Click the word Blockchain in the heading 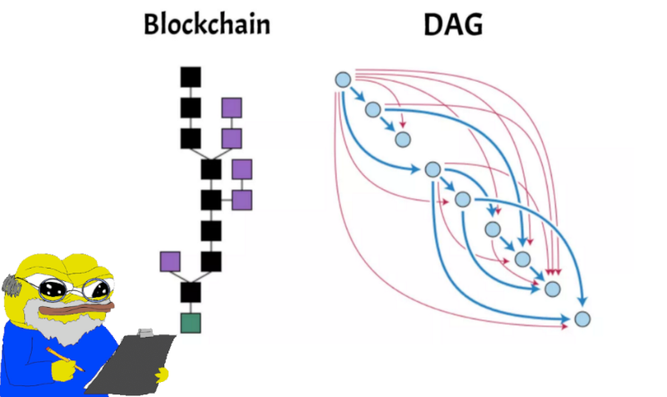pyautogui.click(x=207, y=24)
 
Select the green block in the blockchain pyautogui.click(x=191, y=322)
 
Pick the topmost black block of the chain pyautogui.click(x=191, y=77)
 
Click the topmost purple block pyautogui.click(x=232, y=108)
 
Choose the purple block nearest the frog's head pyautogui.click(x=170, y=261)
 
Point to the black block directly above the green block pyautogui.click(x=191, y=292)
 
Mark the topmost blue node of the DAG pyautogui.click(x=342, y=79)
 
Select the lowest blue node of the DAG pyautogui.click(x=582, y=319)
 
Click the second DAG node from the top pyautogui.click(x=373, y=109)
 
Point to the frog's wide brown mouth pyautogui.click(x=79, y=310)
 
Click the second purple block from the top pyautogui.click(x=232, y=138)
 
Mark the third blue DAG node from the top pyautogui.click(x=403, y=138)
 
